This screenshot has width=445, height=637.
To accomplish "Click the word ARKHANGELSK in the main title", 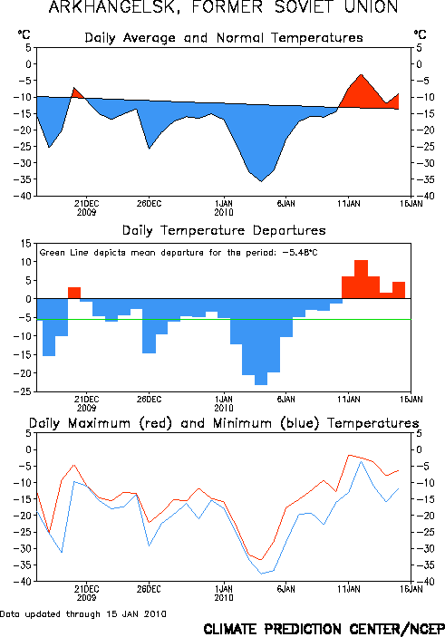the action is (114, 7).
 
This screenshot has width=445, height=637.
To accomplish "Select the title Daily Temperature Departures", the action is (224, 231).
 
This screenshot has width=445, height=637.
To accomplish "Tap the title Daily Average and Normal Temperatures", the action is (224, 38).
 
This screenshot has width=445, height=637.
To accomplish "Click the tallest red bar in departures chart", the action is (361, 279).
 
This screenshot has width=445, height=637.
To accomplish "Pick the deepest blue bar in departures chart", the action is (261, 342).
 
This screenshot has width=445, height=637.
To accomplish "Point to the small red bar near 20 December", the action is (74, 293).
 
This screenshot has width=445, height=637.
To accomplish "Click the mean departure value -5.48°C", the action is (300, 253).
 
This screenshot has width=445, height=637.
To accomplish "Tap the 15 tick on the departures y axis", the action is (26, 244).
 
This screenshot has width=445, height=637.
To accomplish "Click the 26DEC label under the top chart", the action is (149, 204).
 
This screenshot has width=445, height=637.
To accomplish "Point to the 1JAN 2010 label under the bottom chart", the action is (224, 593).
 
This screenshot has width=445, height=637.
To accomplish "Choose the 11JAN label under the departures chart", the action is (349, 400).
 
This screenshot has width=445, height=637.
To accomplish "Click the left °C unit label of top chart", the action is (24, 34).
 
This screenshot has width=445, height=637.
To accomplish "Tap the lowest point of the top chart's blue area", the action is (261, 181).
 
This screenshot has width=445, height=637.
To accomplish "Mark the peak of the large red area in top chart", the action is (361, 74).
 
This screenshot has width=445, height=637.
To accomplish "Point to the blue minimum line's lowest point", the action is (261, 574).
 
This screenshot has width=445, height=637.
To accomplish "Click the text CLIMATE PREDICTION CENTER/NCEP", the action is (324, 629).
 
